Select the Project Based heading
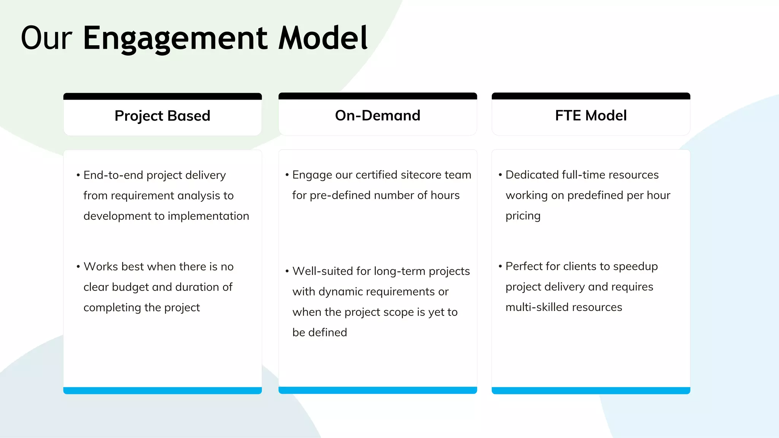162,116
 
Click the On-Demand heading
378,115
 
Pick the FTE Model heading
591,115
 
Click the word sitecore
421,175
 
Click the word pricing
523,216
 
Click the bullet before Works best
78,267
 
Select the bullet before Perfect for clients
500,266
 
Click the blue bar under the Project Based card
162,390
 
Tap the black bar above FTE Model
591,96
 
